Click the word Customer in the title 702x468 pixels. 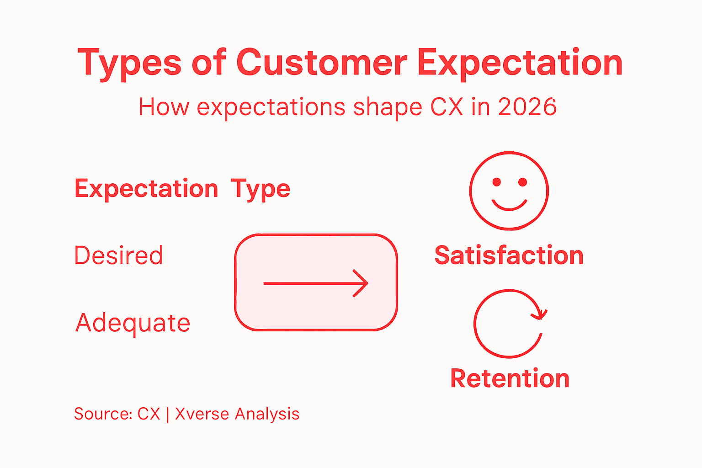(321, 63)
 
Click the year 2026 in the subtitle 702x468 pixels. (527, 107)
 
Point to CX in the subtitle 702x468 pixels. (447, 107)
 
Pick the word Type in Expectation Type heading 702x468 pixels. (260, 189)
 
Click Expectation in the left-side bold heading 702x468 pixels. (146, 189)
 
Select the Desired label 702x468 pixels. (118, 255)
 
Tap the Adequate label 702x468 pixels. (133, 324)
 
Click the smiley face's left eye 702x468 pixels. (497, 182)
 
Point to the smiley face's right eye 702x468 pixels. (522, 182)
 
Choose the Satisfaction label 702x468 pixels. (509, 255)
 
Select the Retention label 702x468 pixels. (510, 378)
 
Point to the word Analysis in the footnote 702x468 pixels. (267, 414)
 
